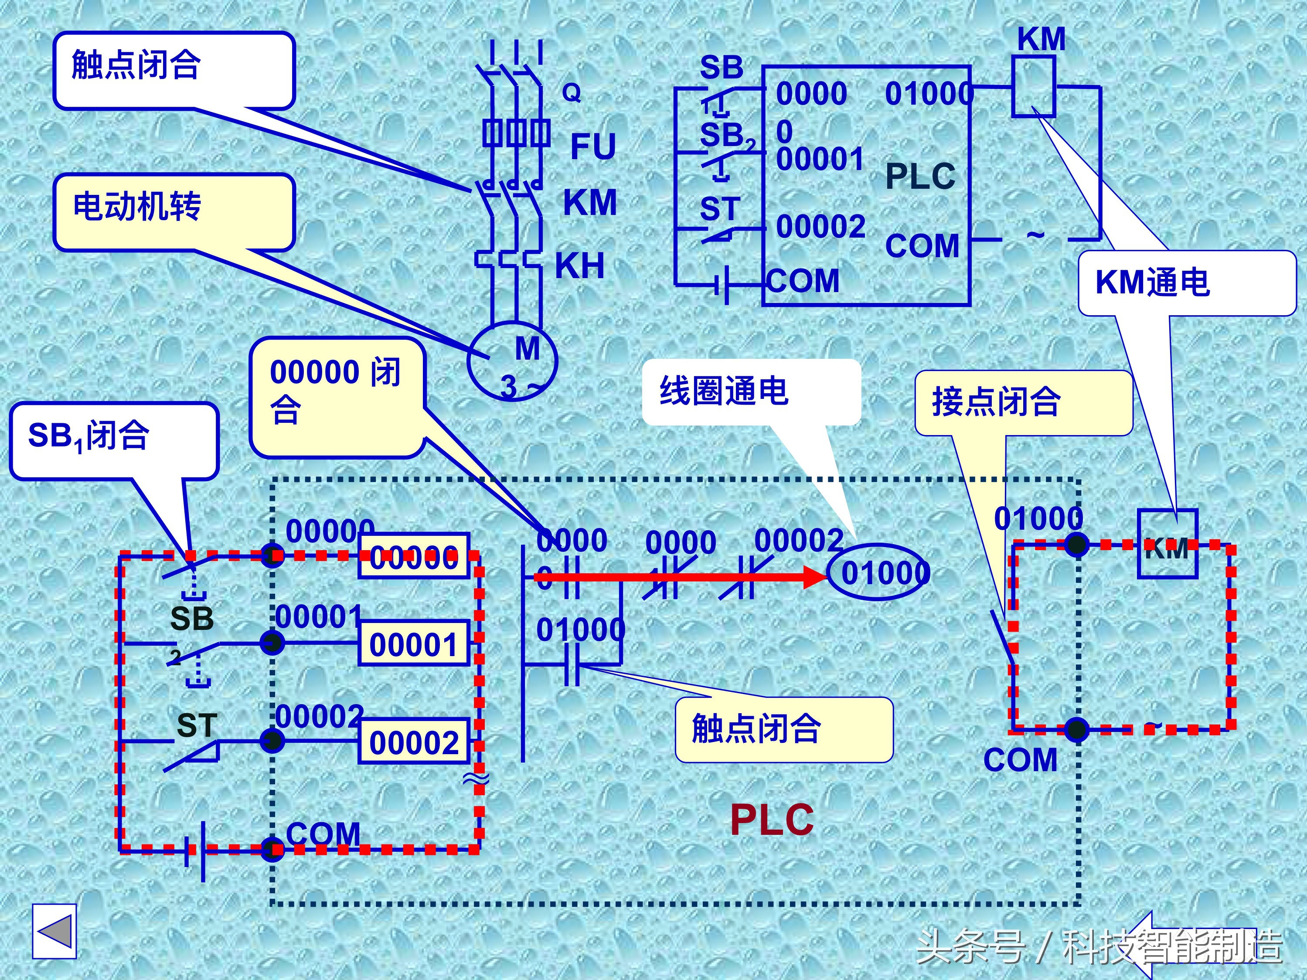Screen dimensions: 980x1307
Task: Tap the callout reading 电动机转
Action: (x=174, y=211)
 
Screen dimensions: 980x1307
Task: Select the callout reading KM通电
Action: (x=1187, y=283)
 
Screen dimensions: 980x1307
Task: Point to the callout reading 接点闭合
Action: (x=1023, y=403)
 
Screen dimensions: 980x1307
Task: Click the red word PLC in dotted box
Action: (x=771, y=820)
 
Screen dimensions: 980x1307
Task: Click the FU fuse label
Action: (x=592, y=146)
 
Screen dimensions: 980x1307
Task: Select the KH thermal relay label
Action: (x=580, y=266)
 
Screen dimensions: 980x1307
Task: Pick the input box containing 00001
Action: (x=414, y=644)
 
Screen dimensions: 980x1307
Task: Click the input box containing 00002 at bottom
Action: (x=414, y=742)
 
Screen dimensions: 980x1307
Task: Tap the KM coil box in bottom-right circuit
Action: (x=1167, y=544)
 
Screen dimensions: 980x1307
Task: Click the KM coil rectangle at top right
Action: (x=1033, y=86)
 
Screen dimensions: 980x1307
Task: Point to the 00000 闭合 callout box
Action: (x=337, y=396)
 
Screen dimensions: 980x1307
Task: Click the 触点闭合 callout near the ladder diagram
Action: (x=783, y=729)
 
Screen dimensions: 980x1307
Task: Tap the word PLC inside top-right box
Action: (x=919, y=176)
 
